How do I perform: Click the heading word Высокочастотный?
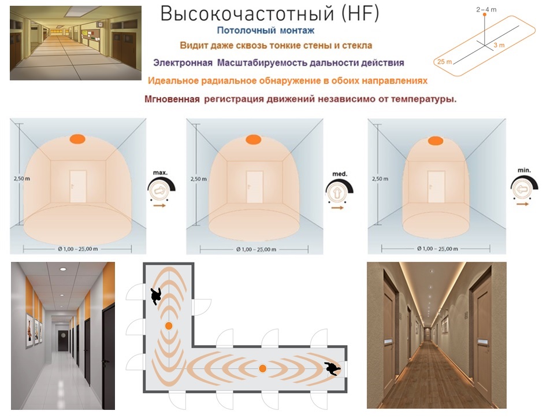click(x=247, y=14)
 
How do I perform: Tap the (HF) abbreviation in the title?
click(x=360, y=14)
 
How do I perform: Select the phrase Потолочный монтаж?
click(x=266, y=31)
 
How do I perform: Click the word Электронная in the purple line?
click(x=183, y=63)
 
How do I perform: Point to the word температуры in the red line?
click(x=423, y=99)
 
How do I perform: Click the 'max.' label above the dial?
click(x=160, y=173)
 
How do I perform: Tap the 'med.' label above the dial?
click(x=340, y=173)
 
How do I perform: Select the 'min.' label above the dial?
click(x=524, y=170)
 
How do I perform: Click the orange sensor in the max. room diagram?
click(x=77, y=139)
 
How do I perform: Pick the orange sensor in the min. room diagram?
click(x=435, y=140)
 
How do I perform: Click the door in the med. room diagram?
click(x=255, y=187)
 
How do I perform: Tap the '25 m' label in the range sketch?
click(x=444, y=62)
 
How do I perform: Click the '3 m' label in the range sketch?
click(x=499, y=45)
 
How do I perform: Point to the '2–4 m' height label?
click(x=486, y=10)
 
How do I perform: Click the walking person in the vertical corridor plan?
click(x=156, y=296)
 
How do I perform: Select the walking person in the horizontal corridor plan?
click(x=332, y=368)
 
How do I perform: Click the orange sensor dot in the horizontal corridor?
click(x=262, y=368)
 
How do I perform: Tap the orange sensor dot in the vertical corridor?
click(x=169, y=325)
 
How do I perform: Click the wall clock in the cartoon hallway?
click(x=101, y=24)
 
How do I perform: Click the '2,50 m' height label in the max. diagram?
click(x=22, y=179)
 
